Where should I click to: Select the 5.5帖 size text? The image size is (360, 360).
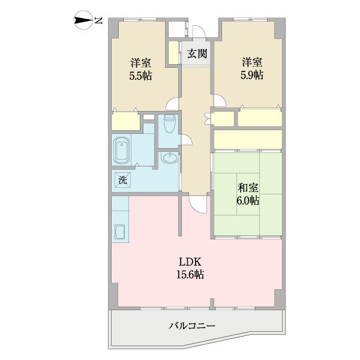pos(140,76)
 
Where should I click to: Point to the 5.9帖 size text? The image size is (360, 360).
pos(252,76)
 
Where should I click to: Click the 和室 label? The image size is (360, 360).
pos(247,186)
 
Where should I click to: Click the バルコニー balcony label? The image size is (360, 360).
pos(192,326)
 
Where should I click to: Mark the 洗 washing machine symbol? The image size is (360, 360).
pos(122,179)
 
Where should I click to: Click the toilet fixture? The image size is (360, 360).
pos(169,124)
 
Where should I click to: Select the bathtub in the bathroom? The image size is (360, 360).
pos(122,150)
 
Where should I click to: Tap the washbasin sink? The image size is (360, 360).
pos(169,158)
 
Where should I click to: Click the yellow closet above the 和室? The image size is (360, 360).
pos(248,139)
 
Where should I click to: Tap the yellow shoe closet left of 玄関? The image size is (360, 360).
pos(173,53)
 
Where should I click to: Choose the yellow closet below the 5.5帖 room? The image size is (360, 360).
pos(125,121)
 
